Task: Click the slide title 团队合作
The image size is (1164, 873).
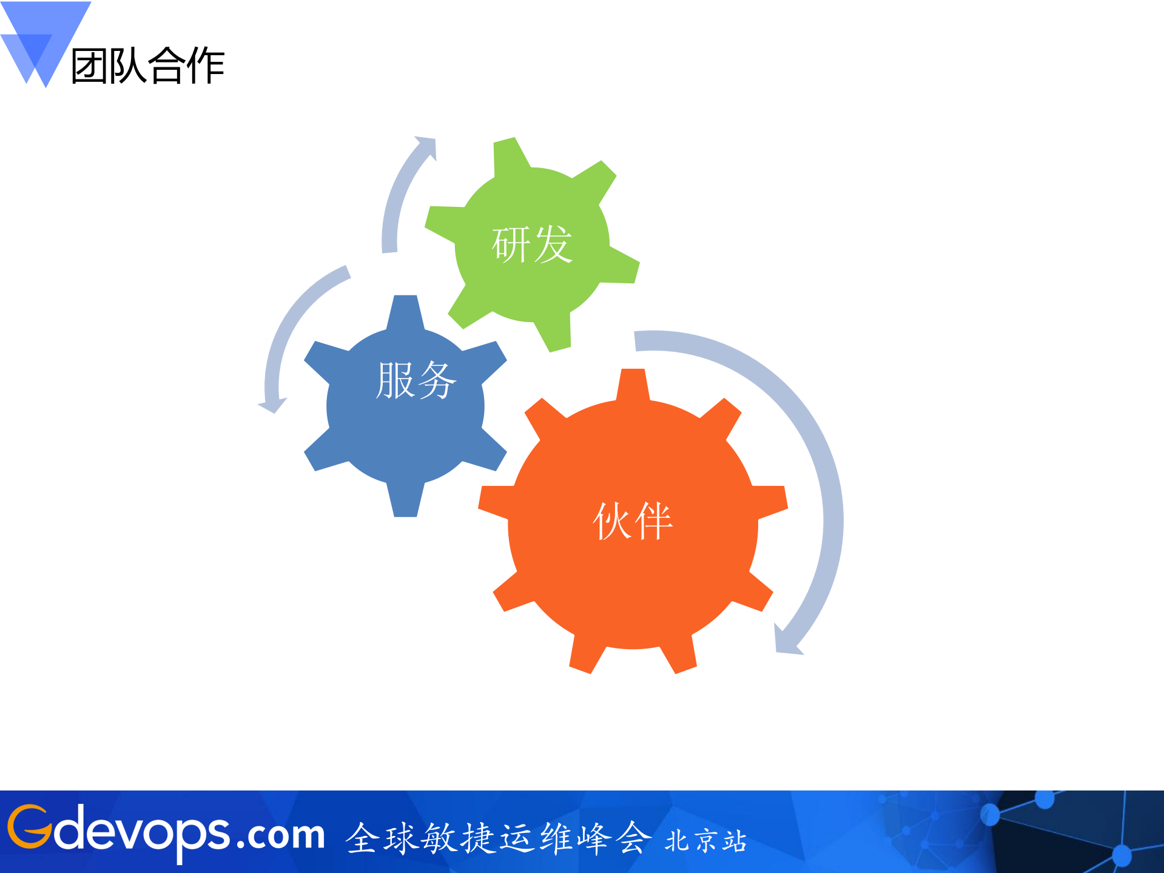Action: (148, 66)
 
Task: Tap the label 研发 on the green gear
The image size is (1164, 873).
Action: (532, 244)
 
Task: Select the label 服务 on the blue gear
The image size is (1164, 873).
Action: (416, 380)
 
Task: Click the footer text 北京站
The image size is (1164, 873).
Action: (705, 841)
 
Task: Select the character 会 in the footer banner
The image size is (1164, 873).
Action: (633, 838)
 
